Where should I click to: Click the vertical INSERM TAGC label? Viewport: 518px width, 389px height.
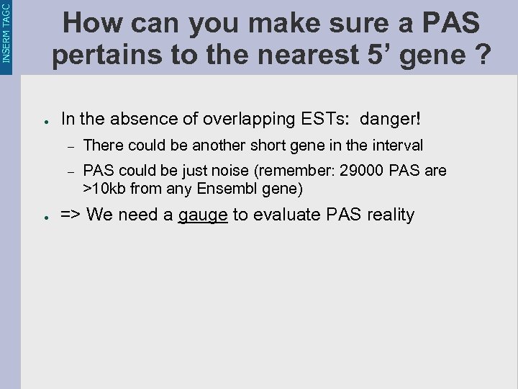click(x=6, y=32)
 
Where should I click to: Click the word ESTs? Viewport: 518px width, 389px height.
click(x=323, y=118)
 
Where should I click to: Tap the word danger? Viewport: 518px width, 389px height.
click(x=395, y=118)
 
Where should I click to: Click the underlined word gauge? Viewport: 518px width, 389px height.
click(x=203, y=215)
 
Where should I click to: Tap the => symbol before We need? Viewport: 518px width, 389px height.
click(x=71, y=215)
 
